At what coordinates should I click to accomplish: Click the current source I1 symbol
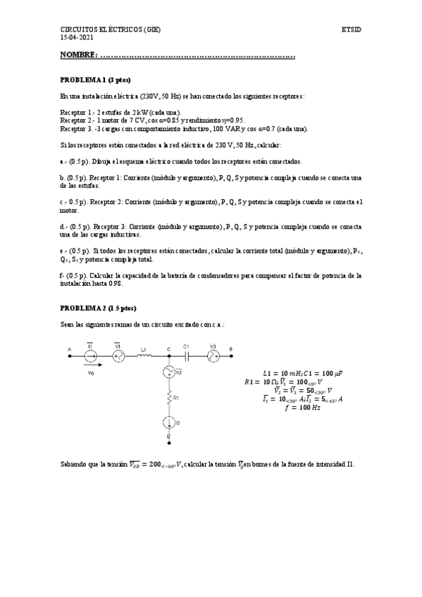click(90, 357)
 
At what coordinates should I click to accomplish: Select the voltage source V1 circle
click(118, 357)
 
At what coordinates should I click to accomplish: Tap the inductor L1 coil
click(144, 357)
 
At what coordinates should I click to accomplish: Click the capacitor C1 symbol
click(187, 357)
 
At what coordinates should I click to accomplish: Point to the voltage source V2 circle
click(169, 372)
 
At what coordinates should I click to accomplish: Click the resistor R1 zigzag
click(169, 399)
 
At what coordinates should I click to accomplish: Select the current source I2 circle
click(169, 422)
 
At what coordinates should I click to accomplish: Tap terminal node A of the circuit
click(69, 357)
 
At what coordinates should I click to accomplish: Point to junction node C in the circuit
click(169, 357)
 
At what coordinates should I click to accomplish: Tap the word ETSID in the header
click(351, 30)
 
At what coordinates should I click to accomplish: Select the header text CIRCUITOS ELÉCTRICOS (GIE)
click(111, 30)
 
